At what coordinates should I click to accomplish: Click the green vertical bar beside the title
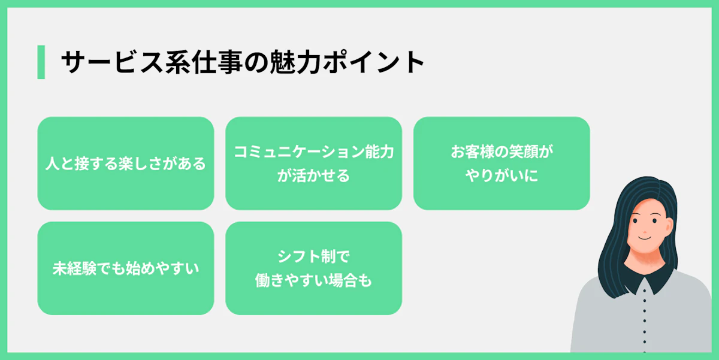click(41, 62)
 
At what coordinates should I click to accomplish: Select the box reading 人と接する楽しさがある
click(125, 164)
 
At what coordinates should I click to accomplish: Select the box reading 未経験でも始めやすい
click(125, 268)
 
